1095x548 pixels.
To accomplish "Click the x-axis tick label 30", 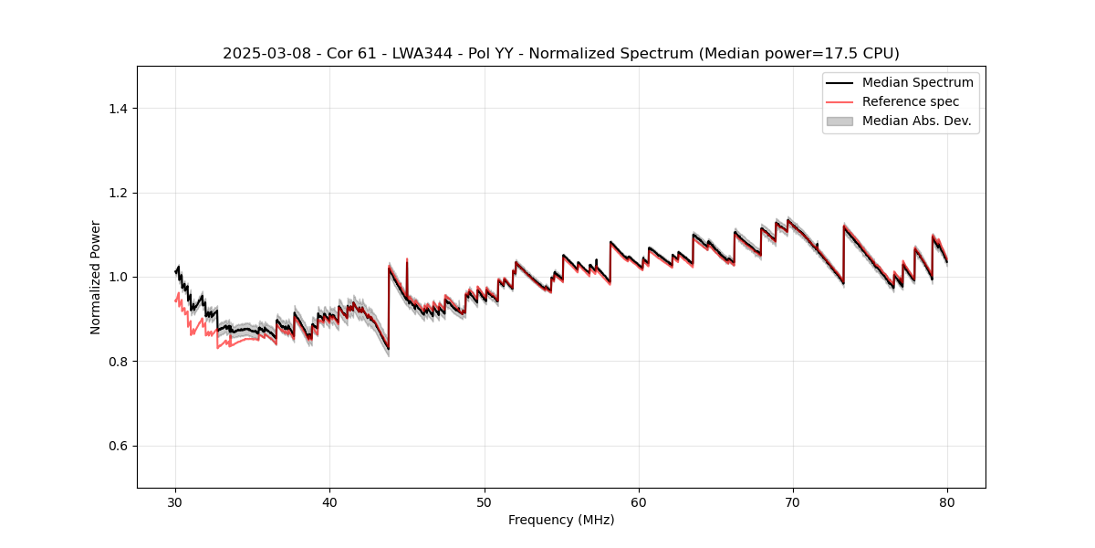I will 175,501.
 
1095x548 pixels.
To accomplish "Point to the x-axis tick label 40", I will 329,501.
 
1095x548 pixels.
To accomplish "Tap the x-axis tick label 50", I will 484,501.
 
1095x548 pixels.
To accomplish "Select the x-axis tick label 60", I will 639,501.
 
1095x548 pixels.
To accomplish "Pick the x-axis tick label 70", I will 793,501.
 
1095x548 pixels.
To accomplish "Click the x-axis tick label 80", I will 947,501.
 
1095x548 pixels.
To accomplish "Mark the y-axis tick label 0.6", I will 118,446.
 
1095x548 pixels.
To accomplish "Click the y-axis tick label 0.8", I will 118,362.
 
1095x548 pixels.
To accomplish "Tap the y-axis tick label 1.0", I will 118,278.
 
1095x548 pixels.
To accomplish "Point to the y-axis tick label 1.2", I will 118,193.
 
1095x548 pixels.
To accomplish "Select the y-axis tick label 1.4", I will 118,109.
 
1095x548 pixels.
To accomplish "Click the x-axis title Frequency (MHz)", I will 561,520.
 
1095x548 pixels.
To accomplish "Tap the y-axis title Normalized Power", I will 96,277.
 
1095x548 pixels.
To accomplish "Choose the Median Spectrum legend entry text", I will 917,82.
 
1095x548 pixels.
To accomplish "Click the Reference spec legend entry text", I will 911,101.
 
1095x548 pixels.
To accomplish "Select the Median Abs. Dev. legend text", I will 916,121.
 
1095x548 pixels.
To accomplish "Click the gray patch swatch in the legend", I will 839,121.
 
